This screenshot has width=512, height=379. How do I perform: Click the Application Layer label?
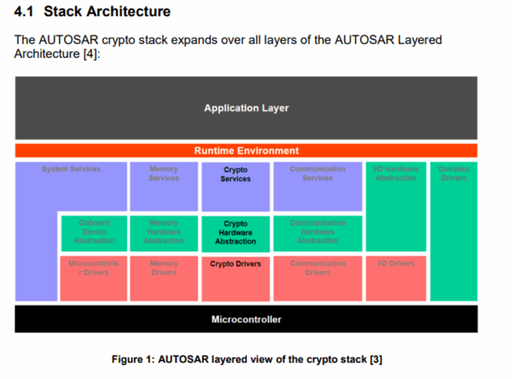[x=246, y=108]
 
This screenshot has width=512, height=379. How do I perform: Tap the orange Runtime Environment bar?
[x=246, y=151]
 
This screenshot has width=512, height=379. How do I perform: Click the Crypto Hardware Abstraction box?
[x=235, y=233]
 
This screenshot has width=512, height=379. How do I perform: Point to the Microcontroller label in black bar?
[x=246, y=319]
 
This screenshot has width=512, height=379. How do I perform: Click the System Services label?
[x=71, y=169]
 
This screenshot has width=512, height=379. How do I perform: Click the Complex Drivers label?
[x=453, y=173]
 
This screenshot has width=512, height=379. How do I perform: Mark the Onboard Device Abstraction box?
[x=94, y=232]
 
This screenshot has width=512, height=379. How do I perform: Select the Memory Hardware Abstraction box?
[x=163, y=232]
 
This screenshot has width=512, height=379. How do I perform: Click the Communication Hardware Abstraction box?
[x=317, y=232]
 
